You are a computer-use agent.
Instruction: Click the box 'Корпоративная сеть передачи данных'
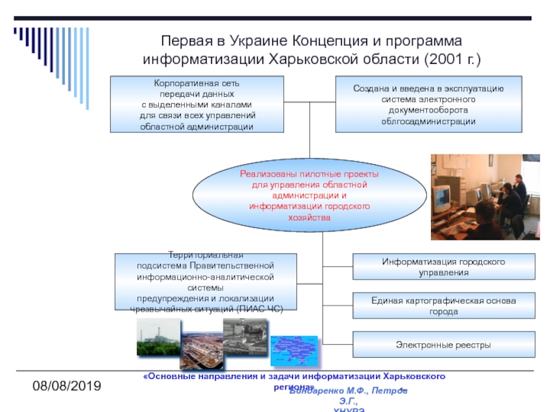197,104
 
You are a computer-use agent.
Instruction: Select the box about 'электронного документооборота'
428,104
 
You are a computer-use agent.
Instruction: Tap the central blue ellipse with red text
309,196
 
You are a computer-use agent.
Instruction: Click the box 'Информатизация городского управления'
443,267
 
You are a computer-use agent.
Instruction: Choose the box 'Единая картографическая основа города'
443,306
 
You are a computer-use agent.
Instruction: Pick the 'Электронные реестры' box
443,344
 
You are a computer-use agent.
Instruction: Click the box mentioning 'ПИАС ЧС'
206,282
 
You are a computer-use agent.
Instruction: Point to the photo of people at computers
485,197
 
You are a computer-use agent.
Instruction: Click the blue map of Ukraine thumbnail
296,350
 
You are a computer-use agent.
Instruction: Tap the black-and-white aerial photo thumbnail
243,336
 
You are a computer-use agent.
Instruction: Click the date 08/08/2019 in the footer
68,387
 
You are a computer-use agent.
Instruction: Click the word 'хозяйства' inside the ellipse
309,217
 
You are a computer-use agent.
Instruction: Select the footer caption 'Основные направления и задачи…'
294,377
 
